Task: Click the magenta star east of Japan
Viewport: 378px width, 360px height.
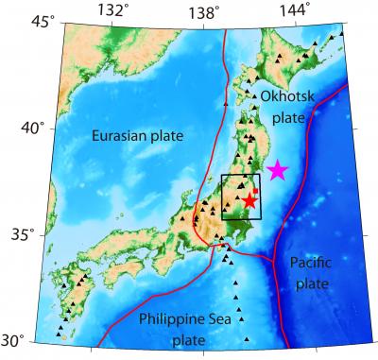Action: click(277, 170)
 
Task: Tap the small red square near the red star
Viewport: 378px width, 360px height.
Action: click(255, 191)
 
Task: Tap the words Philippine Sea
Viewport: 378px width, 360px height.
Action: click(184, 319)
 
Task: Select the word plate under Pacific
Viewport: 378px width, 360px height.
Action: click(309, 283)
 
